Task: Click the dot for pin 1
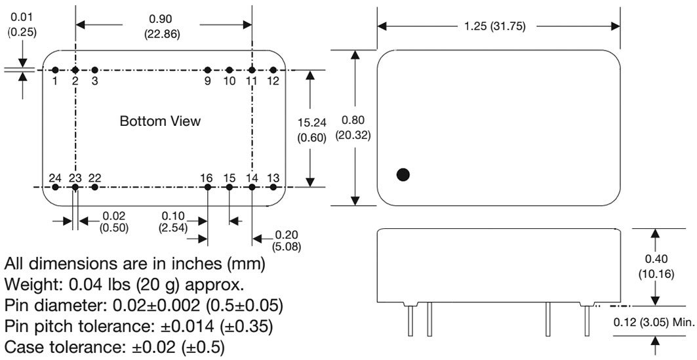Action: click(55, 70)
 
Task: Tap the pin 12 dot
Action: click(273, 70)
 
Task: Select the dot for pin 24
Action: click(55, 187)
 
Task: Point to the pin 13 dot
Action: click(273, 187)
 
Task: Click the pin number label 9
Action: click(208, 81)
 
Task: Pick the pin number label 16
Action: click(207, 178)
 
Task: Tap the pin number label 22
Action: click(94, 178)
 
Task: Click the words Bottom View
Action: click(160, 121)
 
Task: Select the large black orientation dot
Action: click(403, 174)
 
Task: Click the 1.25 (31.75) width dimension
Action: click(495, 26)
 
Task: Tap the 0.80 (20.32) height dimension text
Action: click(353, 128)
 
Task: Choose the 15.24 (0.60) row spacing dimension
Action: click(312, 130)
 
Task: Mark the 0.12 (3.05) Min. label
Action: click(654, 323)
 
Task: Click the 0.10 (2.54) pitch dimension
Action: click(173, 222)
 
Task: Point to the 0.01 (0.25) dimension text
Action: click(22, 25)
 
